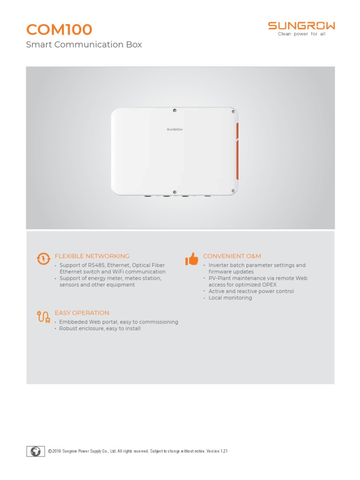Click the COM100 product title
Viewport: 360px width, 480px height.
(59, 30)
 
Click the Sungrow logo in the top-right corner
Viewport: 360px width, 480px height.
(301, 26)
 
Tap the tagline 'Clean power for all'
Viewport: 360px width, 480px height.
(301, 34)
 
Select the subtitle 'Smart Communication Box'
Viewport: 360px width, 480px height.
(84, 45)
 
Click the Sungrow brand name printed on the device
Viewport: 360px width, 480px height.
(174, 129)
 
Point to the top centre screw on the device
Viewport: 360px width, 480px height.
(174, 111)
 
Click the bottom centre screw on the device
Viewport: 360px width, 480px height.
(174, 191)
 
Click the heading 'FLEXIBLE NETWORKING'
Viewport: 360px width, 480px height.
(92, 256)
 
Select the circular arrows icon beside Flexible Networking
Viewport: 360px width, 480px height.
(43, 259)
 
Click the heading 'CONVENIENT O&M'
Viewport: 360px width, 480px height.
(232, 256)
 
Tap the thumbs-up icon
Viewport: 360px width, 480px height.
(192, 259)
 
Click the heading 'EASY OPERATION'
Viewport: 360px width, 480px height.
(82, 313)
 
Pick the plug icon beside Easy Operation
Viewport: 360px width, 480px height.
(43, 317)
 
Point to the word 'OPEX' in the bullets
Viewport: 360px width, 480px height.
(268, 285)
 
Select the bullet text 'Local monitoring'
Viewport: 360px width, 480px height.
(230, 298)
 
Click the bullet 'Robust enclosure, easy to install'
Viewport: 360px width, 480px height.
(100, 329)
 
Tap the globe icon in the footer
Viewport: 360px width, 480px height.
(36, 451)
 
